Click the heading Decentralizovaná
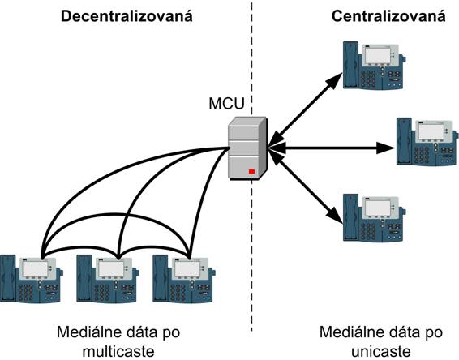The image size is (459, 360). (127, 16)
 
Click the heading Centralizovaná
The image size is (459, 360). (388, 16)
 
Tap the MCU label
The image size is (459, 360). (226, 104)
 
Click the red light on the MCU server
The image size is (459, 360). (251, 172)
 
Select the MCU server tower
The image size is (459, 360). (247, 148)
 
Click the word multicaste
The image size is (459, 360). (118, 351)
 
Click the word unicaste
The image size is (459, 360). (381, 351)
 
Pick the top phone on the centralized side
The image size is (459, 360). (375, 65)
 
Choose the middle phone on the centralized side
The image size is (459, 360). (427, 142)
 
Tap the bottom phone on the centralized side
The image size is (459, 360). (375, 217)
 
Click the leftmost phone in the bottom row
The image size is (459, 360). (32, 279)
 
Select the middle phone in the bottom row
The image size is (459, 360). (108, 279)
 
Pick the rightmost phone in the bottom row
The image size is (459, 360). (184, 279)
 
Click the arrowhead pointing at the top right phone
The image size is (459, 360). (335, 81)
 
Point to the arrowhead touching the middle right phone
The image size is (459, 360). (385, 148)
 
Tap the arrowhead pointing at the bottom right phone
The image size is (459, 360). (335, 216)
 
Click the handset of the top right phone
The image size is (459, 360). (351, 65)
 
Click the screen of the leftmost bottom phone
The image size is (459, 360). (35, 268)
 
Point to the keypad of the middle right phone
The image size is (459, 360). (422, 155)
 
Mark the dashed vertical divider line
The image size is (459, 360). (251, 166)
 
